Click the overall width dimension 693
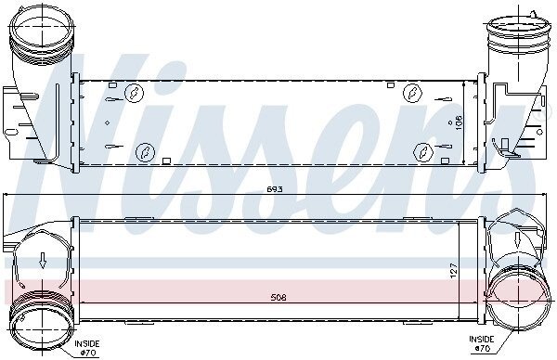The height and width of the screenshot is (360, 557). click(x=275, y=189)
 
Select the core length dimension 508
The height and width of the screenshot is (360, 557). click(x=278, y=298)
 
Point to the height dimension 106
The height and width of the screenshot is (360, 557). click(x=459, y=122)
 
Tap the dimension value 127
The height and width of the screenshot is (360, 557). click(x=454, y=271)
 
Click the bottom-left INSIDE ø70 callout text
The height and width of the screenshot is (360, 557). click(x=87, y=348)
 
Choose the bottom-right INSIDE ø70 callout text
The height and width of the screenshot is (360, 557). click(x=482, y=343)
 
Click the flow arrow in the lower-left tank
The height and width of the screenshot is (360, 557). click(x=43, y=260)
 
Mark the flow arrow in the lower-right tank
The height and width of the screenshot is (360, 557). click(x=517, y=240)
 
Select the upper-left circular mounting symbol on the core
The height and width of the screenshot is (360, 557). click(x=134, y=93)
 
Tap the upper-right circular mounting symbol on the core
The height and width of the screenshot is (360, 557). click(x=412, y=93)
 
